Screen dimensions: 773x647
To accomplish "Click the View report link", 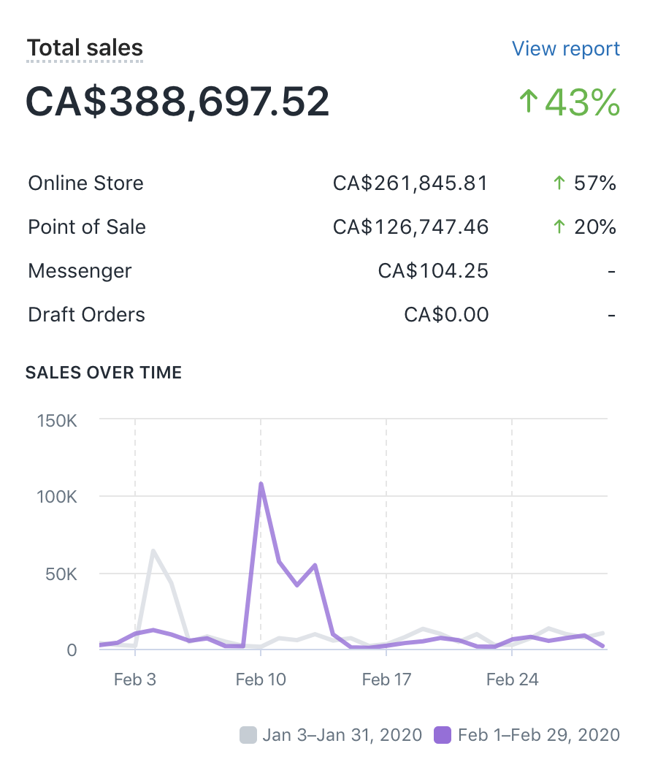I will (565, 49).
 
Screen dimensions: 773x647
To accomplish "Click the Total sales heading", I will (85, 48).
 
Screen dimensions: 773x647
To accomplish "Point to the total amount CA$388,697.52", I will (177, 102).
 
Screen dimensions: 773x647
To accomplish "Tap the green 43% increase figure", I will (570, 102).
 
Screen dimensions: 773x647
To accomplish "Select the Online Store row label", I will (85, 183).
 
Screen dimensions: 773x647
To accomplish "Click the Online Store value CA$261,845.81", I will (410, 183).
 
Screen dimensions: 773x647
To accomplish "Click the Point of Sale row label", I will (87, 226).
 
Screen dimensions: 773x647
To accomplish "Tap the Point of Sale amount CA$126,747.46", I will (410, 226).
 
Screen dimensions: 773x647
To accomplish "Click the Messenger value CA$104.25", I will (433, 271).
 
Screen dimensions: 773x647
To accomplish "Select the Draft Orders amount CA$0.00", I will (446, 315).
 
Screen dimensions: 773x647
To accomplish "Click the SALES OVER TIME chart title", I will (104, 373).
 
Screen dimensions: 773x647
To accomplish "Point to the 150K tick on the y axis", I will (57, 421).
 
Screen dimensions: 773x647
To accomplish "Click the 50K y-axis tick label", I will (61, 574).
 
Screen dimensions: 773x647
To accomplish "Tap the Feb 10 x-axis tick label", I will (260, 679).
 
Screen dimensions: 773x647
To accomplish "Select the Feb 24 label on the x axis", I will (512, 679).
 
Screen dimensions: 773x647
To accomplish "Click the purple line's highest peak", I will (261, 484).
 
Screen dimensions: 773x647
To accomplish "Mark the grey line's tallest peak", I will (153, 550).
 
